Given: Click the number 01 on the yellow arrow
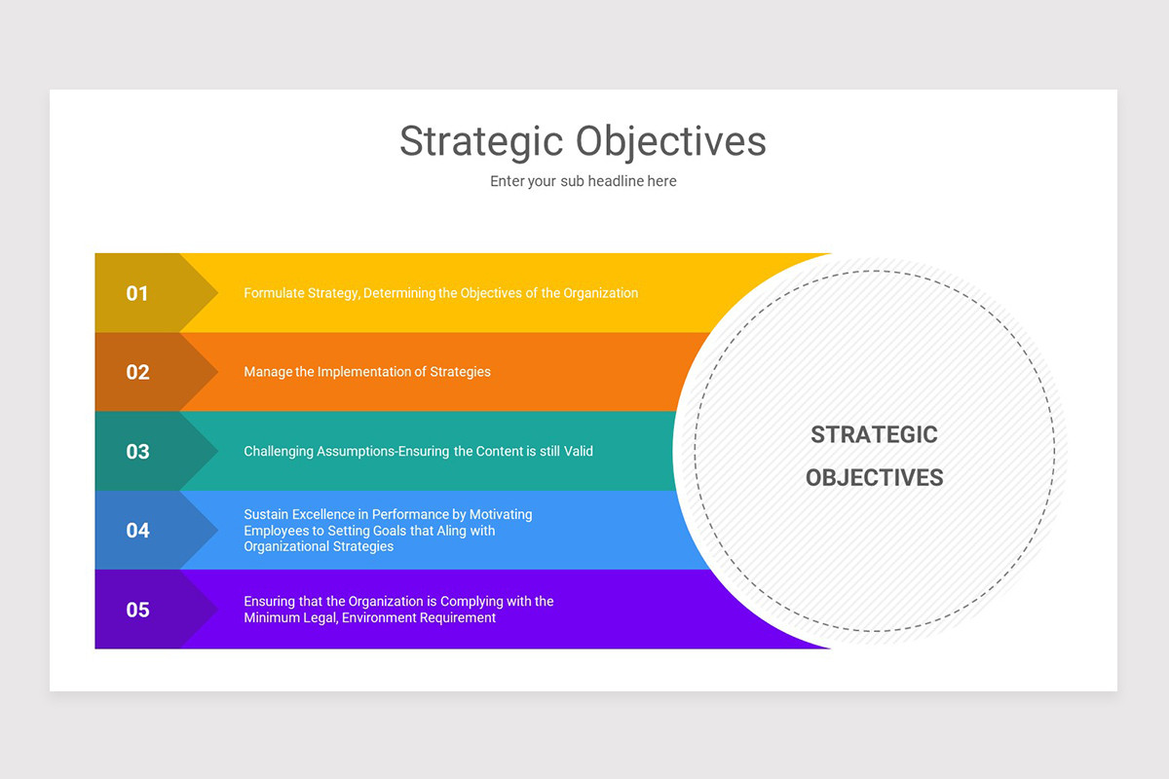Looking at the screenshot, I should [x=137, y=293].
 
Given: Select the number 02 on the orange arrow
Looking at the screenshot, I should [x=137, y=372].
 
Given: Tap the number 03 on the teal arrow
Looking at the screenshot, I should [x=137, y=452].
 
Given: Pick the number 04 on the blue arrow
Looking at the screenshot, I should [x=137, y=531].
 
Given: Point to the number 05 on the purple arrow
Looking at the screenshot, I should [x=137, y=611].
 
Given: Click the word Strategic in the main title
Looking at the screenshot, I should [x=481, y=142].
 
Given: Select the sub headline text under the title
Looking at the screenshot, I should [x=583, y=181].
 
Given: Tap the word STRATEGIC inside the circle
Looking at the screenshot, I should [x=874, y=435].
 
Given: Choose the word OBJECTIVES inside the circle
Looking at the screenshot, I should [x=874, y=477].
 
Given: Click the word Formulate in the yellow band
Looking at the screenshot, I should [x=273, y=293].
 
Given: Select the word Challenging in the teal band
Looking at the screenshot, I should [x=279, y=452].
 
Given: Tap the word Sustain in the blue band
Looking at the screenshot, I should [x=266, y=514].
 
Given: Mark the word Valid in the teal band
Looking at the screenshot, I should [x=576, y=452].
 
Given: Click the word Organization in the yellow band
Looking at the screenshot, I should [x=599, y=293].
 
